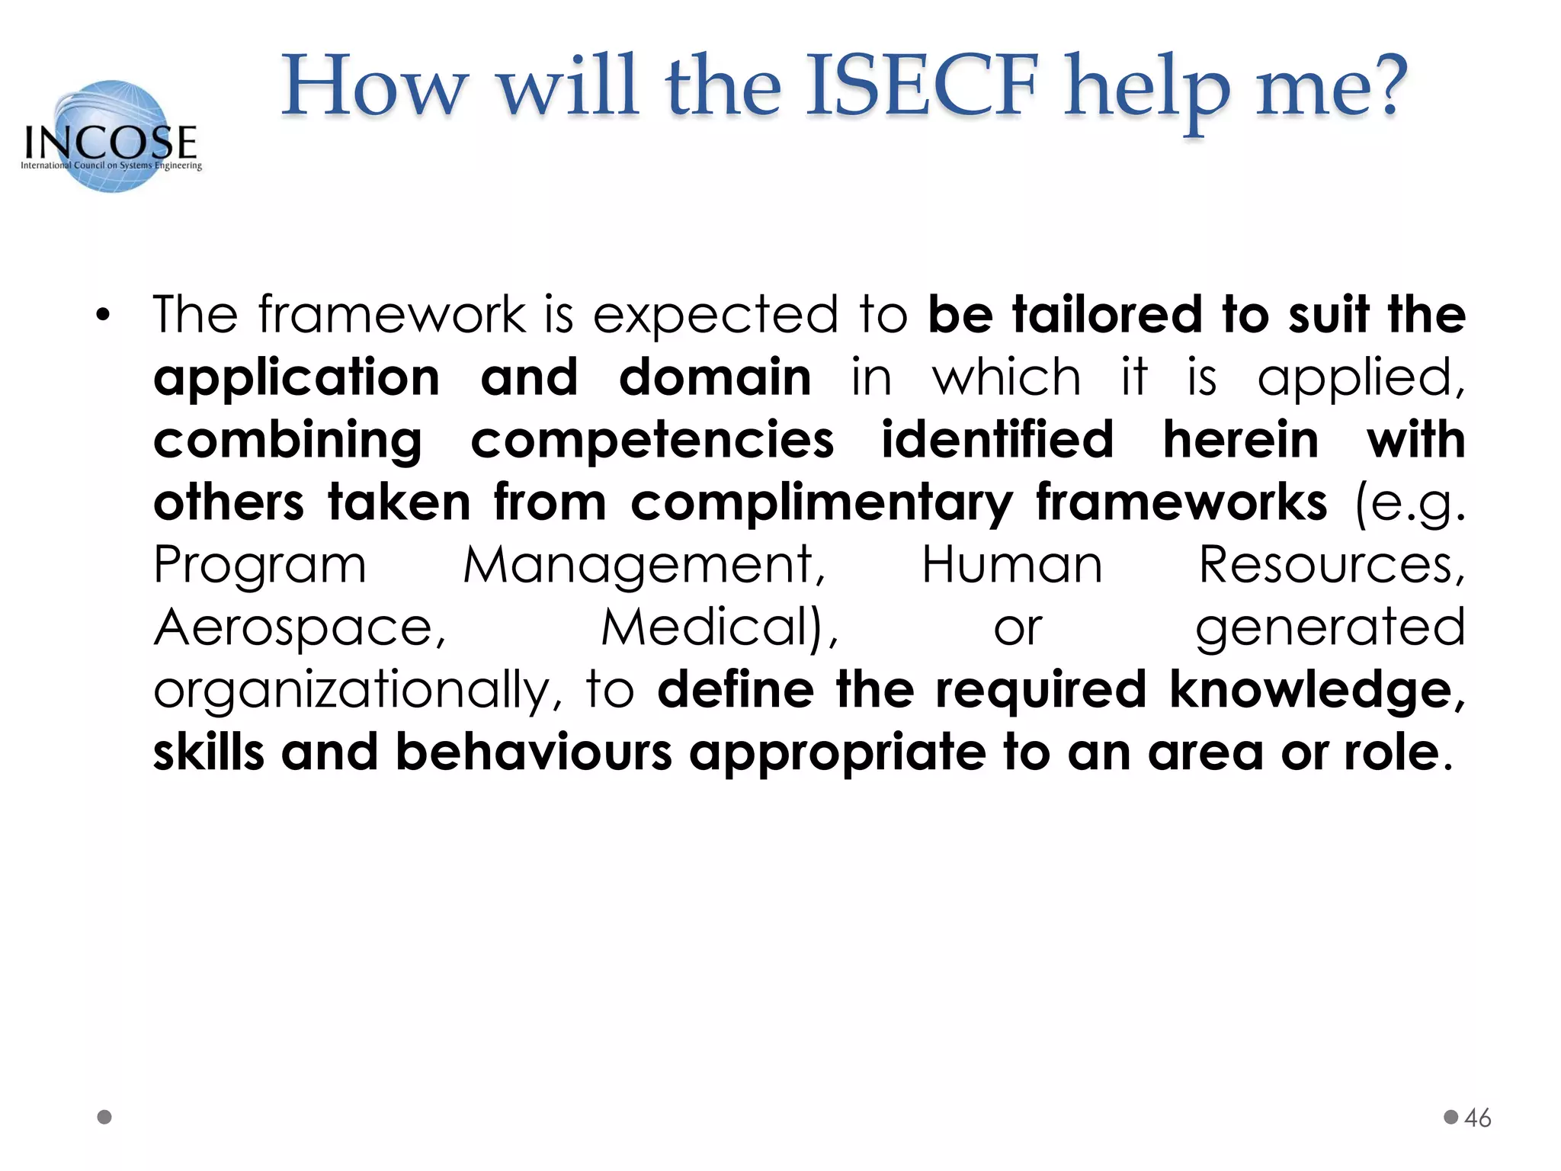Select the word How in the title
point(373,85)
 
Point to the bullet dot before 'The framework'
point(104,315)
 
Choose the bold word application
point(296,378)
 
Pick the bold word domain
point(715,378)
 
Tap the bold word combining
point(287,441)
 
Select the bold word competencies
point(652,441)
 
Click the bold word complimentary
point(822,503)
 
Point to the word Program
point(260,566)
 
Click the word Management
point(644,566)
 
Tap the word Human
point(1012,566)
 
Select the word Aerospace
point(300,628)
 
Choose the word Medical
point(718,628)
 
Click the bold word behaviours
point(534,753)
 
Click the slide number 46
point(1477,1118)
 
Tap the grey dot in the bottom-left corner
point(105,1117)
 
